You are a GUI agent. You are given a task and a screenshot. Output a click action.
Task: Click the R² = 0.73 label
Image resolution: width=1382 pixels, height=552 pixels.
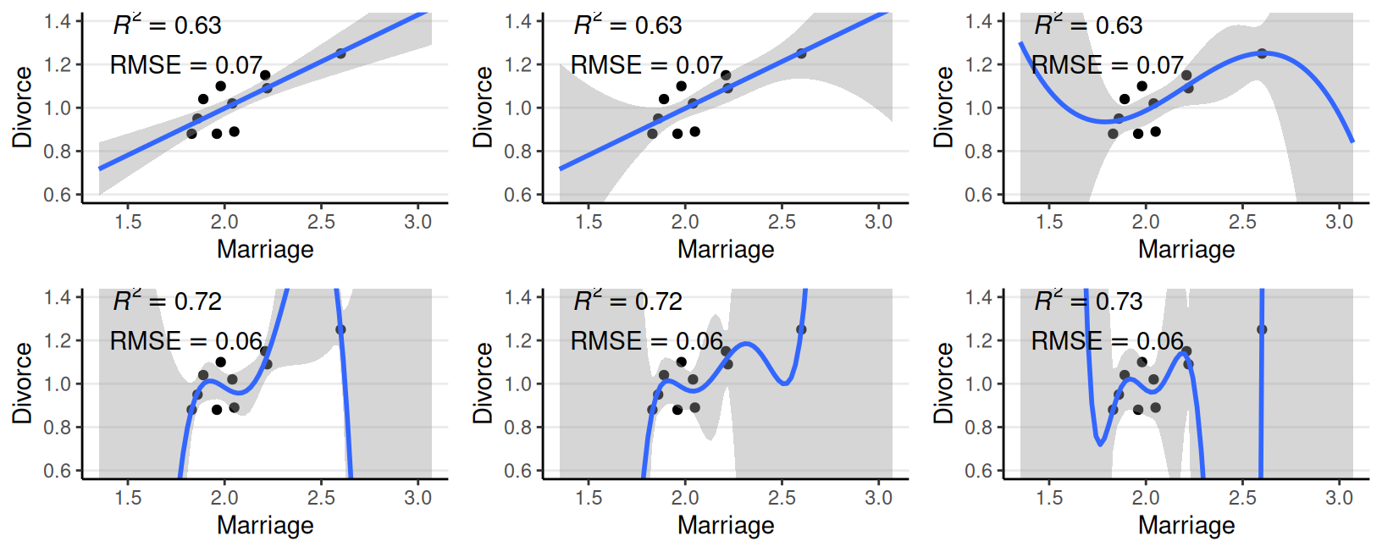click(1088, 301)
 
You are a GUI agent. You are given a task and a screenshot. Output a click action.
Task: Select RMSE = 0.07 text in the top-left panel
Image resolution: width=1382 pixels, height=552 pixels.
click(186, 65)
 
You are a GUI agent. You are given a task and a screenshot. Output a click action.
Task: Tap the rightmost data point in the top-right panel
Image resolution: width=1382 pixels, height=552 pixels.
click(1262, 53)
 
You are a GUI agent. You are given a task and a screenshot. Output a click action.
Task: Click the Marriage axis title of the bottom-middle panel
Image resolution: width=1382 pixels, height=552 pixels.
click(726, 525)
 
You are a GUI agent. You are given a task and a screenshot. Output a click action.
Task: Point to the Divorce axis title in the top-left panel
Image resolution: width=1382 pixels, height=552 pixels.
click(22, 108)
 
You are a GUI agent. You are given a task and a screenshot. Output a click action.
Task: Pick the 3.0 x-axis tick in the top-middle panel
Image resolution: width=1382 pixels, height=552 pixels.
click(878, 222)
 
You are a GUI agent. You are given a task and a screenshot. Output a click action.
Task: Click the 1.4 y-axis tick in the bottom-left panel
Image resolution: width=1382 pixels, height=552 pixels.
click(58, 297)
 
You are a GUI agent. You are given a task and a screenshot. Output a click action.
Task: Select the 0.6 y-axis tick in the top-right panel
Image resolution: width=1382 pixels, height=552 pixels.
click(979, 195)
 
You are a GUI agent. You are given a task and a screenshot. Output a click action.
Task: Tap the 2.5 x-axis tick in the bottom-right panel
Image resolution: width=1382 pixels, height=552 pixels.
click(1242, 498)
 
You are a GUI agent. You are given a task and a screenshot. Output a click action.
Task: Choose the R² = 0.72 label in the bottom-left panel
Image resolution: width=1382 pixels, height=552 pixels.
click(167, 301)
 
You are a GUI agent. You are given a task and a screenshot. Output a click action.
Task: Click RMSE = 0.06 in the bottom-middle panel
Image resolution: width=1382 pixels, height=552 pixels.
click(647, 341)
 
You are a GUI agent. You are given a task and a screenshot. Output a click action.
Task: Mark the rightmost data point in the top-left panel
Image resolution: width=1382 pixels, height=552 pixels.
click(340, 53)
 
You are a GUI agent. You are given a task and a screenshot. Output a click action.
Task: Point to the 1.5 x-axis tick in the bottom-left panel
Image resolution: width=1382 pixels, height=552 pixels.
click(128, 498)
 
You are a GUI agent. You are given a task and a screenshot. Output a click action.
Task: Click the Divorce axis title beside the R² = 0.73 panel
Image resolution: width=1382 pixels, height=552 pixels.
click(943, 384)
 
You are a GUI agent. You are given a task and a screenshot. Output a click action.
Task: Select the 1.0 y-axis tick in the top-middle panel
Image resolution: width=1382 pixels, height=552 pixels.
click(518, 108)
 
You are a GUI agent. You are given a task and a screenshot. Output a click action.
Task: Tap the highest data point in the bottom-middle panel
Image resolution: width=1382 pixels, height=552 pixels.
click(801, 329)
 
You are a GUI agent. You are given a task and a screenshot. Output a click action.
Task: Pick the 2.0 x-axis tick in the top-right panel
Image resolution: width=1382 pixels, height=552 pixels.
click(1146, 222)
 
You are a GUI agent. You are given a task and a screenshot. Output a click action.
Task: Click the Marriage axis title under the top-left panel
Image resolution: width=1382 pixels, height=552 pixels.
click(265, 249)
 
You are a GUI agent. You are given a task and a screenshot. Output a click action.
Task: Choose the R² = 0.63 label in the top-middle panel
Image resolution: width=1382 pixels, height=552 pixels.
click(627, 25)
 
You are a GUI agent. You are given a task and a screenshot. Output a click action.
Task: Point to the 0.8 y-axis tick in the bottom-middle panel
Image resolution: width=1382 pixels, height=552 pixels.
click(518, 428)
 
